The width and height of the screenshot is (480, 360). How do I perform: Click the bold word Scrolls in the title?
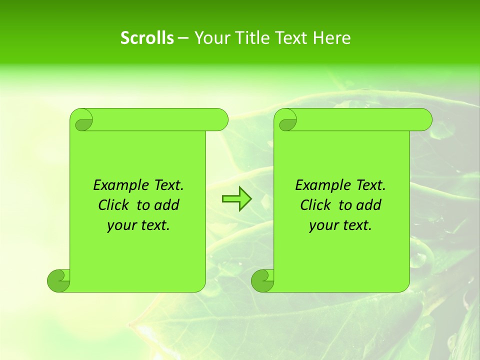tap(147, 38)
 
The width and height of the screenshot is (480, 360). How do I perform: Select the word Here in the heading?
tap(331, 38)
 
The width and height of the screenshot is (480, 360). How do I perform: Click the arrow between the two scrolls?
tap(236, 199)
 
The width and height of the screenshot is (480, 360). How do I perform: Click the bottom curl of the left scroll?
tap(58, 280)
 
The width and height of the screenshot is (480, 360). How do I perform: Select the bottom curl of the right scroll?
tap(262, 280)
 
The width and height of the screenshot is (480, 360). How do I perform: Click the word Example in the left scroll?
tap(119, 185)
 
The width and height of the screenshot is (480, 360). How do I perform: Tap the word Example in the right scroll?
tap(321, 185)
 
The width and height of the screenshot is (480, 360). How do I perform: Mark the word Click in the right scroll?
tap(315, 205)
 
